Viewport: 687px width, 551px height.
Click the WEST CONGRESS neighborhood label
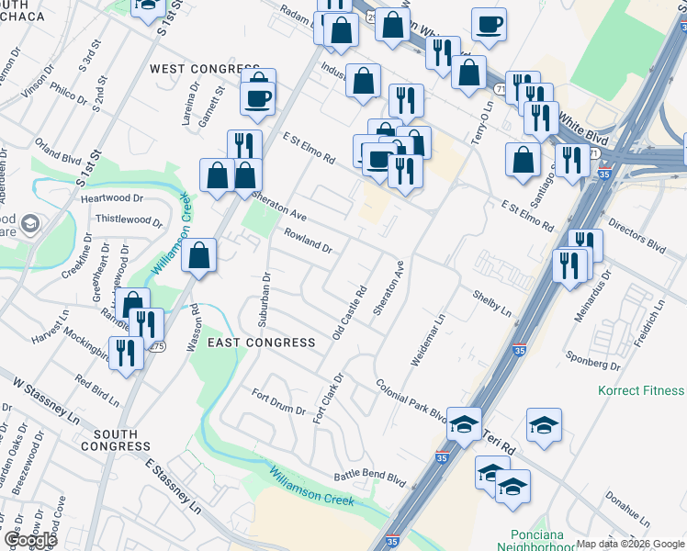coord(204,69)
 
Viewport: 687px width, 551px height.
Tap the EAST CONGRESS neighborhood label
coord(261,343)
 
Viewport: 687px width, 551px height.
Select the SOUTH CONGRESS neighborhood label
coord(116,440)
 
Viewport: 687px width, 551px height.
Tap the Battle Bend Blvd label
coord(369,478)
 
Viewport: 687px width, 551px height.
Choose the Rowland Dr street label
coord(308,242)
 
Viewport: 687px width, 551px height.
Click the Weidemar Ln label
coord(427,339)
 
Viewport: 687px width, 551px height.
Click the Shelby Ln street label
coord(491,303)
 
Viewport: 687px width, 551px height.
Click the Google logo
coord(29,539)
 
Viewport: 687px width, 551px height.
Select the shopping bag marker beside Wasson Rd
coord(198,257)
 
